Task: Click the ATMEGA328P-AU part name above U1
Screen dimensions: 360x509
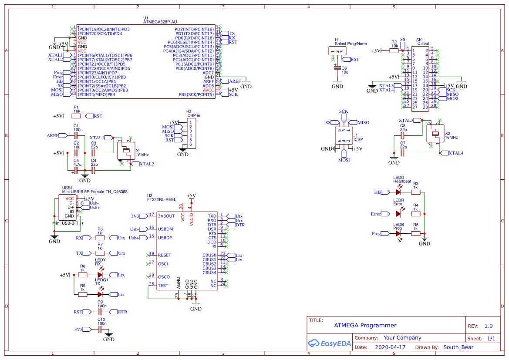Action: coord(160,21)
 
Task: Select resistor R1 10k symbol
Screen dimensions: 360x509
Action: coord(77,116)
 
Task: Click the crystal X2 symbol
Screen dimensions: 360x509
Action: coord(435,134)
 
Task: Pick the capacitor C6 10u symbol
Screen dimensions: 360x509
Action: coord(337,68)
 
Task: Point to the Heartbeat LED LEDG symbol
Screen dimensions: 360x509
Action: coord(398,192)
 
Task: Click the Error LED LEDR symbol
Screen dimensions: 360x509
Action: coord(398,214)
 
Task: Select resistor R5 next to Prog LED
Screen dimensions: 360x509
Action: coord(416,233)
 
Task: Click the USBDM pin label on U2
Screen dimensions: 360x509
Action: coord(165,229)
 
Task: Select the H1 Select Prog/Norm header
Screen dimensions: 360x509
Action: coord(337,51)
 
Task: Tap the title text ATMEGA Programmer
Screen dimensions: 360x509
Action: coord(365,325)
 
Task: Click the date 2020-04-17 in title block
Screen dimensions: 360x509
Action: coord(390,347)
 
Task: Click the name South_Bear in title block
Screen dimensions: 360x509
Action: coord(458,347)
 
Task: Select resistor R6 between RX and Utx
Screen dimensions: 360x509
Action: coord(100,238)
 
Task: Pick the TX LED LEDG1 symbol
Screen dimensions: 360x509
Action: coord(100,294)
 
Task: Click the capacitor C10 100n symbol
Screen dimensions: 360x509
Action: coord(101,330)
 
